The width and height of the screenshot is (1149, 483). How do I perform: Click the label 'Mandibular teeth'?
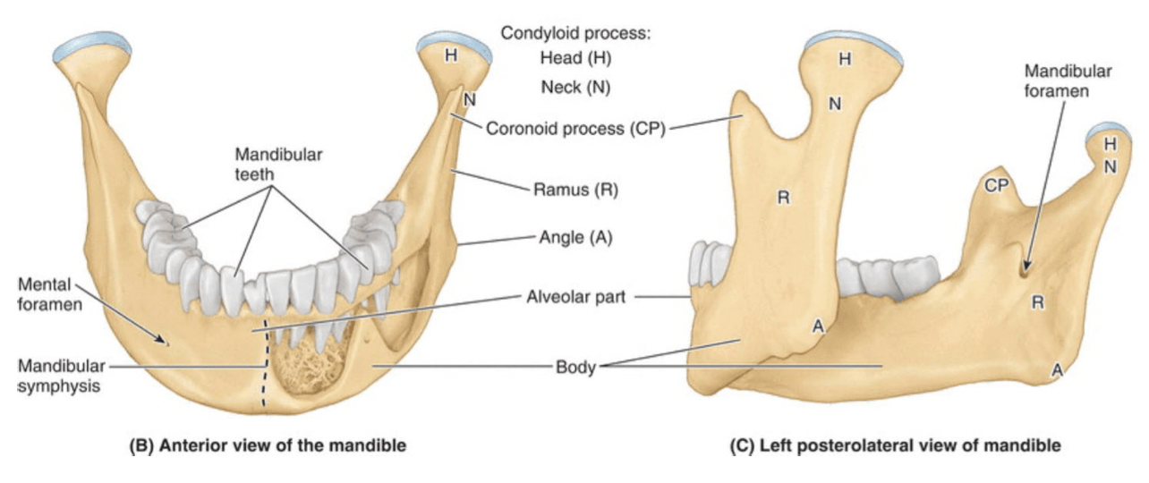[278, 164]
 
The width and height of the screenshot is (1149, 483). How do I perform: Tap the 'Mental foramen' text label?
[50, 294]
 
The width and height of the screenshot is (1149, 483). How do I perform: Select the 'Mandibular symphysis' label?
[61, 376]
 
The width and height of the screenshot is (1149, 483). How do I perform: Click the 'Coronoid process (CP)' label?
[575, 128]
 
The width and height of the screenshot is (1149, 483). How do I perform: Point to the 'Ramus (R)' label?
[575, 190]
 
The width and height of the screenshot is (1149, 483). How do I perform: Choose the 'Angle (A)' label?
[575, 237]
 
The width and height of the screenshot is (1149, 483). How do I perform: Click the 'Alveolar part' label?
[575, 296]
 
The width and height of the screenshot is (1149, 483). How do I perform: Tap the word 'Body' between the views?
[575, 367]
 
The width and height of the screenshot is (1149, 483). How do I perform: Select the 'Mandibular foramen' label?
[1068, 81]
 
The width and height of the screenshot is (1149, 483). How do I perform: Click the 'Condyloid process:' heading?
[575, 33]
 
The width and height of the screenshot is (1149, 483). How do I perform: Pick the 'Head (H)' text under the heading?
[575, 58]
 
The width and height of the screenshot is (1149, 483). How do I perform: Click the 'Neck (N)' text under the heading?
[575, 87]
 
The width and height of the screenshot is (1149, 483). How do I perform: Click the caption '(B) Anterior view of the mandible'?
[268, 445]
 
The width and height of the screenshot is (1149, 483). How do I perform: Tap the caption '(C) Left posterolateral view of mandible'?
[895, 445]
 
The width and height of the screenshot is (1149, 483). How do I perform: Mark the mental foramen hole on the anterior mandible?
[166, 341]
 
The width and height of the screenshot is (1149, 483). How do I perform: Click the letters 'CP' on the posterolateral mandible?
[996, 186]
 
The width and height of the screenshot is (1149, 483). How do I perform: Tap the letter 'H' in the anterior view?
[451, 55]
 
